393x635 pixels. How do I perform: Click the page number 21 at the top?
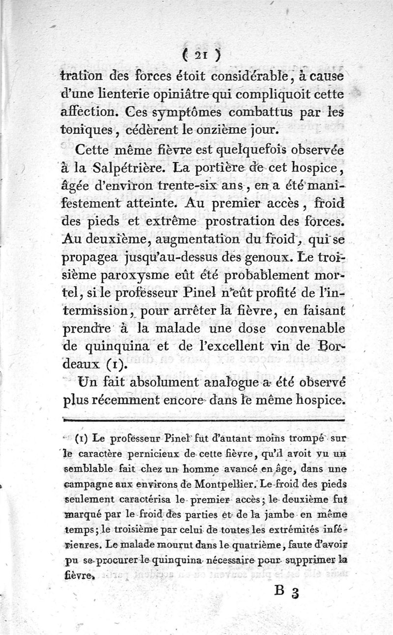196,56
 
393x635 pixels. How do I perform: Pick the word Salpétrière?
124,168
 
